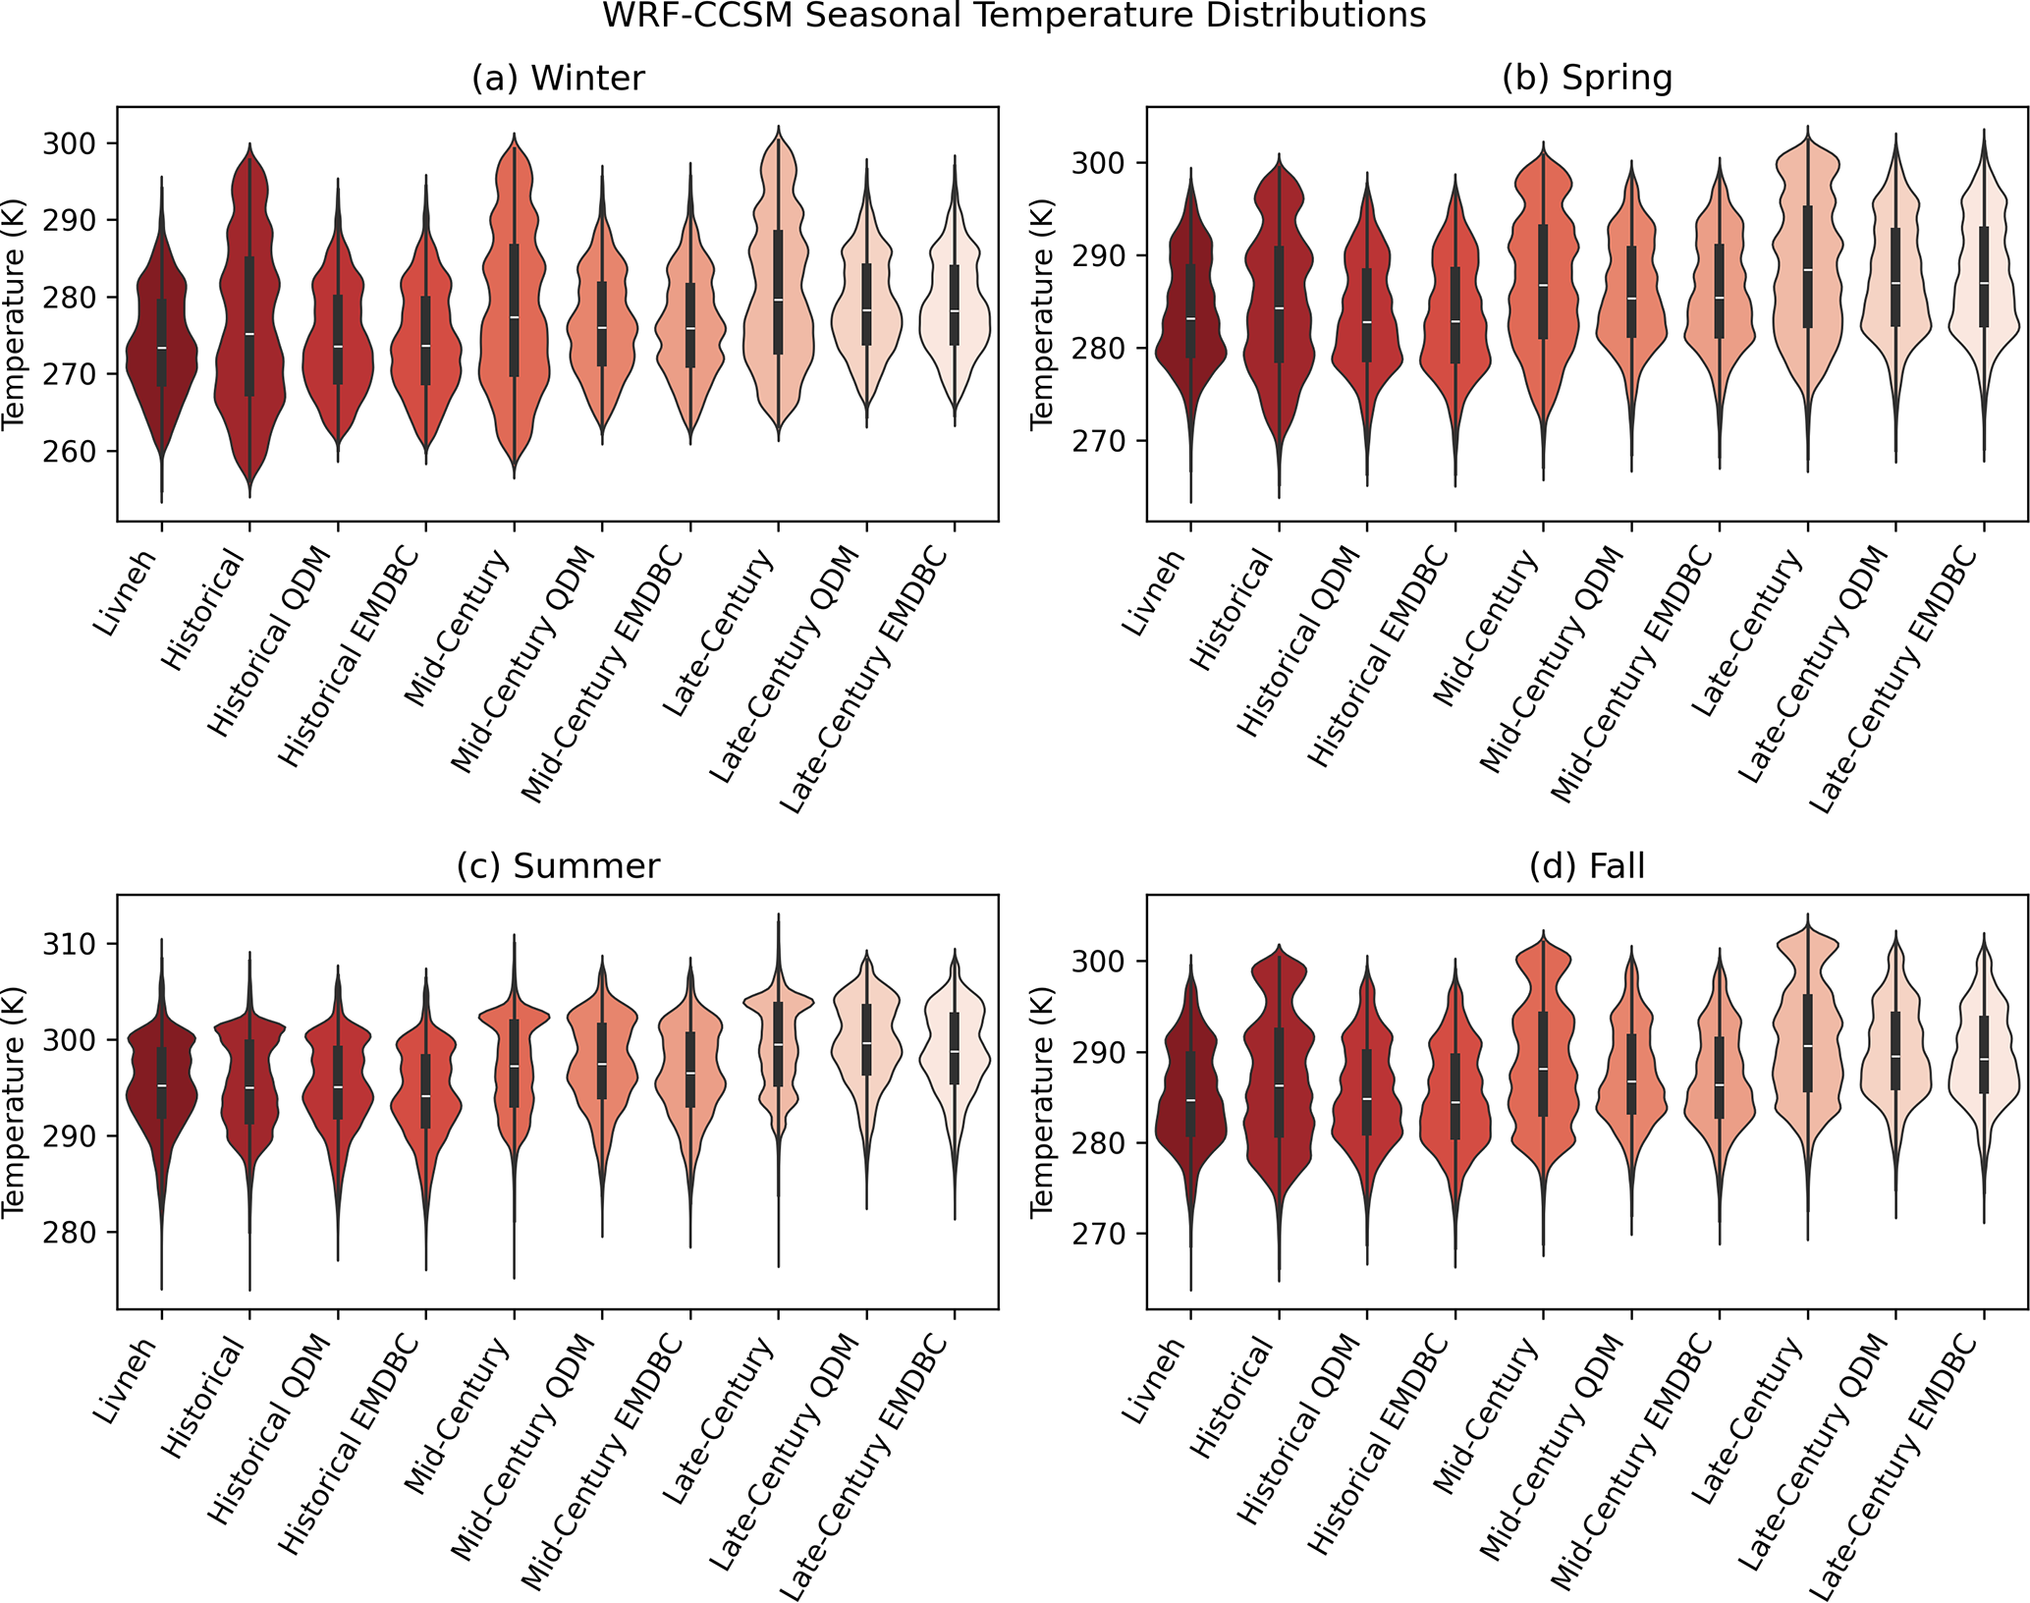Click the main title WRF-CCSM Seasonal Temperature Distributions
[1014, 16]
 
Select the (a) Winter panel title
[558, 78]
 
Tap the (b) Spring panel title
[1587, 78]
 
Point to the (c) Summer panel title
[558, 865]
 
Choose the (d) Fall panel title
[1587, 865]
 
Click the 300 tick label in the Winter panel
[69, 143]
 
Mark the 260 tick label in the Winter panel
[69, 452]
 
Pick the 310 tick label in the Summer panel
[69, 944]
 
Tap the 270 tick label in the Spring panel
[1098, 441]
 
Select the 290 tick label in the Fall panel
[1098, 1052]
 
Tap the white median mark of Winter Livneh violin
[161, 348]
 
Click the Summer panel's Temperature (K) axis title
[14, 1101]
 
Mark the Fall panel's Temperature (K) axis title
[1042, 1101]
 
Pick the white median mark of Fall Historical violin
[1279, 1085]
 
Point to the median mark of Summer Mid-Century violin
[514, 1066]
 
